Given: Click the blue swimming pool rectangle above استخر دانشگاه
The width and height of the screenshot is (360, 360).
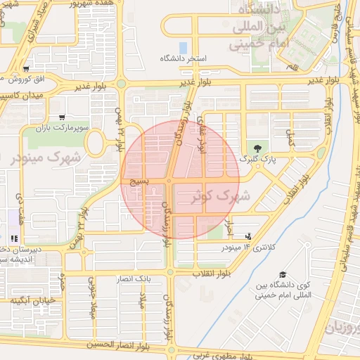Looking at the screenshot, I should pyautogui.click(x=184, y=48).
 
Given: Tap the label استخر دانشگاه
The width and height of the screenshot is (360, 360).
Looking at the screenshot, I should pyautogui.click(x=184, y=58).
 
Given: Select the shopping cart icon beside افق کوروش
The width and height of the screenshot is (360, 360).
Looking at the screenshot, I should pyautogui.click(x=26, y=69).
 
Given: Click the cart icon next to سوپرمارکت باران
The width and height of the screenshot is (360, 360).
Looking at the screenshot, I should pyautogui.click(x=62, y=117).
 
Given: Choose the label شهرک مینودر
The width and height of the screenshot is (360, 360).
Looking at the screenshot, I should pyautogui.click(x=42, y=157).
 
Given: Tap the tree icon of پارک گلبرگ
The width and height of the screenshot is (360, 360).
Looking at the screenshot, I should pyautogui.click(x=258, y=148).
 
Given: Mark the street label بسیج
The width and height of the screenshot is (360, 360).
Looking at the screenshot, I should pyautogui.click(x=137, y=181).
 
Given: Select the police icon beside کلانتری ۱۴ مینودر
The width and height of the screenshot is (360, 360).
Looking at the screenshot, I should pyautogui.click(x=248, y=236).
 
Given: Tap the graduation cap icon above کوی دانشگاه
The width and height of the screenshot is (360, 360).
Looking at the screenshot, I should pyautogui.click(x=283, y=275).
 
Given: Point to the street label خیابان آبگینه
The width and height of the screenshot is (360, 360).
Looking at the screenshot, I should pyautogui.click(x=32, y=300).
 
